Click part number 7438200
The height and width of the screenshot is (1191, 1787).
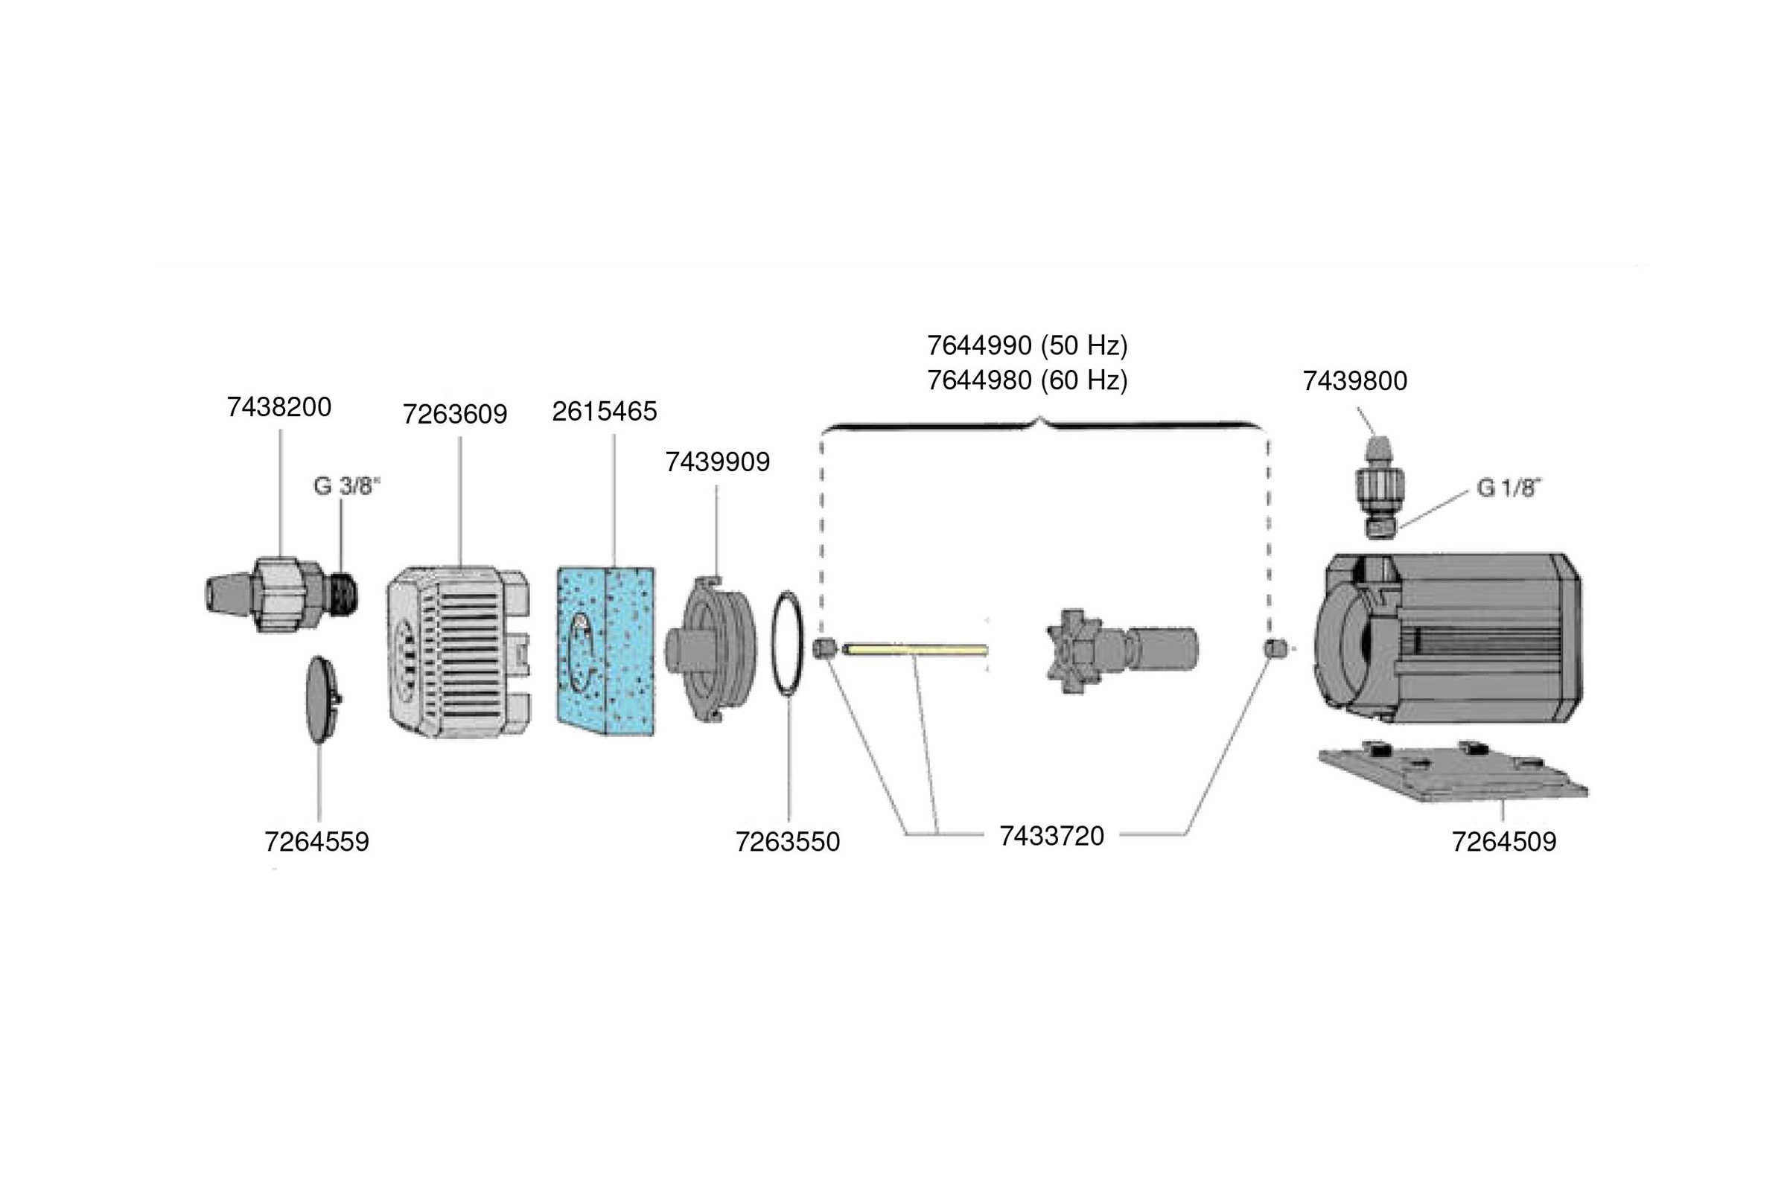[278, 407]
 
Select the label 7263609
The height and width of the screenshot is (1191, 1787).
[454, 414]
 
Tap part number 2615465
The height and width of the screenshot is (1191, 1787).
[604, 411]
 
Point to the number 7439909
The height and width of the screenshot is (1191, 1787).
[717, 462]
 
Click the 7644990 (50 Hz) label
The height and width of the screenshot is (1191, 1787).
[1028, 345]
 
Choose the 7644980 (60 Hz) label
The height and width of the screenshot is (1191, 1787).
[1028, 380]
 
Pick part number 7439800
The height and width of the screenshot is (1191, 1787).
[1354, 380]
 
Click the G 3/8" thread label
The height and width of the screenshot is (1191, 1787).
[346, 486]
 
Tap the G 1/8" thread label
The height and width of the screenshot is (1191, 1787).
[1509, 488]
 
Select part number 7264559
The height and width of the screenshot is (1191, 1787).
[316, 842]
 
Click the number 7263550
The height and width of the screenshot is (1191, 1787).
[787, 842]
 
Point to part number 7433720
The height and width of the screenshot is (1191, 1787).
[1051, 835]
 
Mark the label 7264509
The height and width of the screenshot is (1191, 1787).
[1503, 842]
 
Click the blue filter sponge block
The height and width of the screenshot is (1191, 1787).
[605, 651]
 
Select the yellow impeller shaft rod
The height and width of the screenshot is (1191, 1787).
[916, 649]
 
